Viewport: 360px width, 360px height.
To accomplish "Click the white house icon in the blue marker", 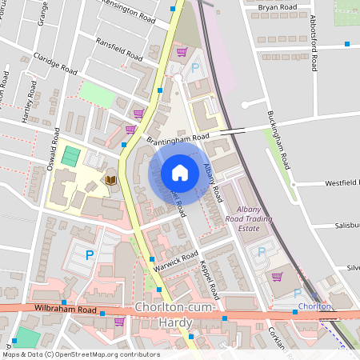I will point(180,172).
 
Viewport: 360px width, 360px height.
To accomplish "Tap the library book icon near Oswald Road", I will point(110,180).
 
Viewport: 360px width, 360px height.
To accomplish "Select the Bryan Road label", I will point(278,6).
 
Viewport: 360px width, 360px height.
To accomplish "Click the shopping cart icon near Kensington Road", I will point(182,52).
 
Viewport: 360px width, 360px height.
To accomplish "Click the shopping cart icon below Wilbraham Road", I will point(119,322).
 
